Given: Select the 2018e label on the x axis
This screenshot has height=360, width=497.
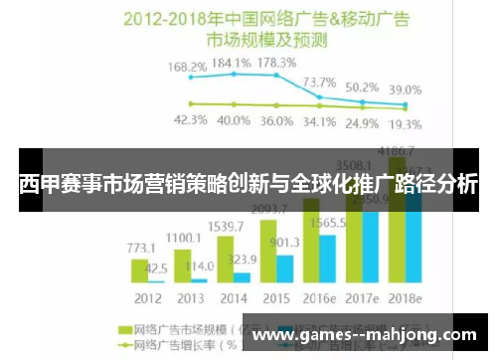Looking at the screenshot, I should [x=404, y=298].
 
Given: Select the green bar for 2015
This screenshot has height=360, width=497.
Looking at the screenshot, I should [x=267, y=252].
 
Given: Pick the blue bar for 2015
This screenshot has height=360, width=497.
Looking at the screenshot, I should [x=284, y=269].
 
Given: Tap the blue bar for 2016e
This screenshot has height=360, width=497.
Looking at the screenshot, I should [x=327, y=259].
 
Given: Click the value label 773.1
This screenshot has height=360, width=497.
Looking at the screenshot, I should [x=141, y=246].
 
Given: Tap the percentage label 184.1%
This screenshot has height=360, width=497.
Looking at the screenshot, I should [x=233, y=61].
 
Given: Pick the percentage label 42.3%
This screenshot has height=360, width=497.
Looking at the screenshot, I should [x=190, y=120].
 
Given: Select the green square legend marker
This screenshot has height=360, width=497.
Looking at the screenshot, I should [x=126, y=328].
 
